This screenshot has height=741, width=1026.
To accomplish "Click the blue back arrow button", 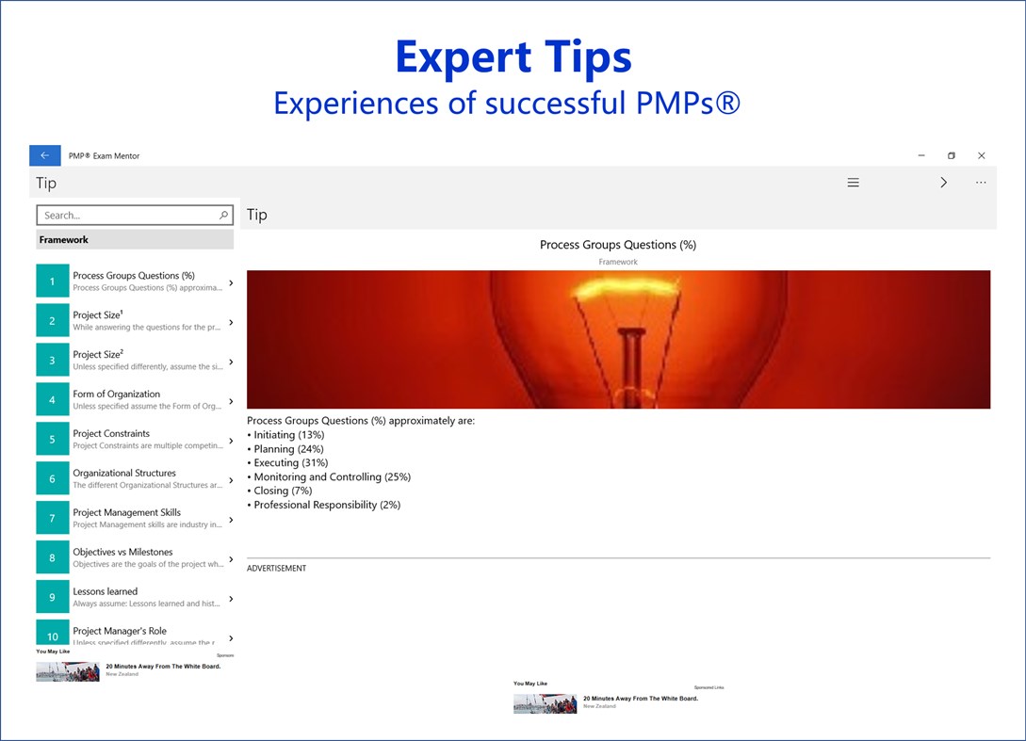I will tap(45, 155).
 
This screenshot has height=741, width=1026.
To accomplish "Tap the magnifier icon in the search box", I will tap(223, 216).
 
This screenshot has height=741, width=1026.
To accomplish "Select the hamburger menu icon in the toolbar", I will tap(853, 183).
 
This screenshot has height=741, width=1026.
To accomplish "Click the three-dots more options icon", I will tap(981, 183).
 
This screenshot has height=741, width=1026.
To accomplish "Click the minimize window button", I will tap(920, 155).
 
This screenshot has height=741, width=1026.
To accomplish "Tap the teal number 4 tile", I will tap(53, 400).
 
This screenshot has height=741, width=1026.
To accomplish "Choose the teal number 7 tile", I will tap(53, 519).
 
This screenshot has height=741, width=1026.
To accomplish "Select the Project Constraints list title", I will tap(111, 434).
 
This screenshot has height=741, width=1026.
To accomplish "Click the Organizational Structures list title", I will tap(124, 474).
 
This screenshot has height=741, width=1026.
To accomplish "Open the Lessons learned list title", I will tap(106, 592).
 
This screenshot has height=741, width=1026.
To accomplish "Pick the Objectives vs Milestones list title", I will tap(122, 553).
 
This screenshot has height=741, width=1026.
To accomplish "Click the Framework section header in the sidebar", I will tap(64, 240).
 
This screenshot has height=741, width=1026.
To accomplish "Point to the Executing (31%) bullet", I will tap(291, 463).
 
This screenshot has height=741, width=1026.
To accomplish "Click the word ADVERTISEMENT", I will tap(276, 569).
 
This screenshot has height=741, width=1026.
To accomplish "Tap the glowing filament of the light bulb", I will tap(618, 282).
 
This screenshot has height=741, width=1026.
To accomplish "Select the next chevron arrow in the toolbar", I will tap(943, 183).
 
